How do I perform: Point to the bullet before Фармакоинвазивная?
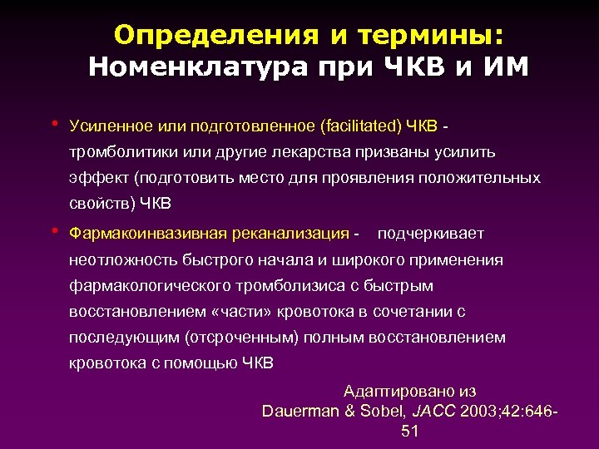pos(54,231)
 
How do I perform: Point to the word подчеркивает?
pos(430,234)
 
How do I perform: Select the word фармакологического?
pos(145,285)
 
